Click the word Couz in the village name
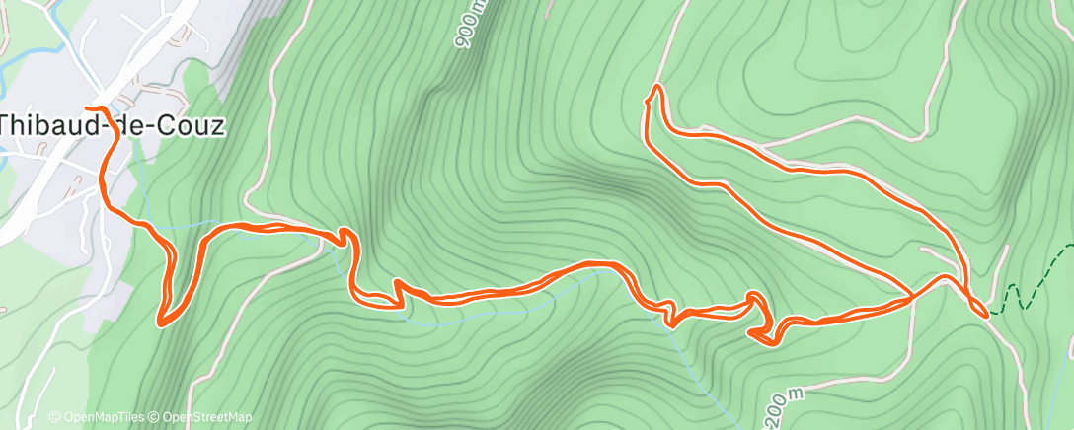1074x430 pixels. click(192, 126)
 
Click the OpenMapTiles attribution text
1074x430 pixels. click(102, 417)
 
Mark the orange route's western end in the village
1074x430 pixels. click(88, 107)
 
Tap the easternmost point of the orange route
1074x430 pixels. click(986, 314)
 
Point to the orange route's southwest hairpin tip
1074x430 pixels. click(160, 322)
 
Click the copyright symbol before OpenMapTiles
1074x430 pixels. click(54, 417)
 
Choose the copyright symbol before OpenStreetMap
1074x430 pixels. click(155, 417)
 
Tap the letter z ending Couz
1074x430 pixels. click(217, 126)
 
